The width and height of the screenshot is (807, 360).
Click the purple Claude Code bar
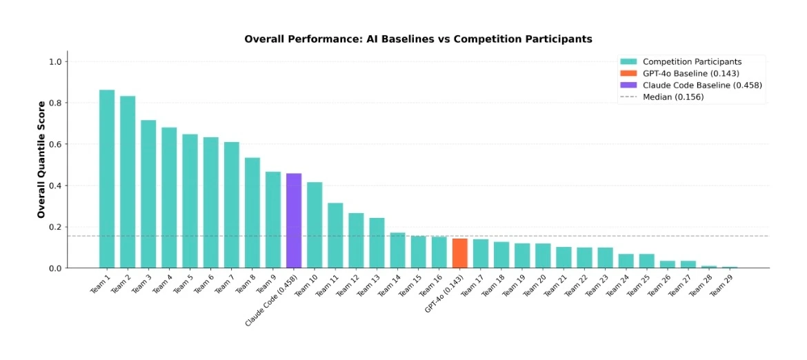(x=294, y=221)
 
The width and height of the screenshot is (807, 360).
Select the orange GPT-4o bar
(x=459, y=254)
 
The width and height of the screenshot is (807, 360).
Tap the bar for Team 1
(x=107, y=179)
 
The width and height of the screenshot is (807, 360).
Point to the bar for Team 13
(x=377, y=243)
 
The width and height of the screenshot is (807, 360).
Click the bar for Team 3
(x=148, y=194)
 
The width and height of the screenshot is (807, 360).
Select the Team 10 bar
(x=315, y=226)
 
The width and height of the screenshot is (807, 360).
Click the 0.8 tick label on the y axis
(x=55, y=103)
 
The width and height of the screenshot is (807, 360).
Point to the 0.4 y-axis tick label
(x=55, y=186)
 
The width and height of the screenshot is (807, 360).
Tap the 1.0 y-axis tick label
(x=55, y=61)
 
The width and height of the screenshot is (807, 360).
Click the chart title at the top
(x=419, y=39)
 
